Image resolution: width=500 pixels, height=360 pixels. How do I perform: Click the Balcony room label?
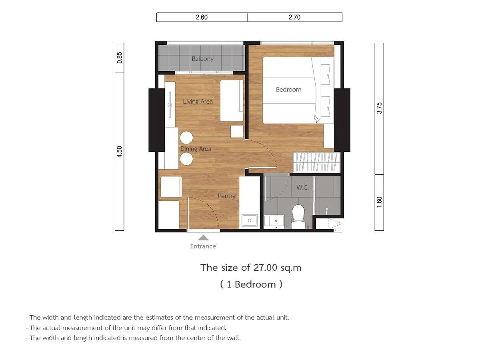pyautogui.click(x=203, y=59)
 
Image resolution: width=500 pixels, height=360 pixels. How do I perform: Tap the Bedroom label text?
pyautogui.click(x=289, y=90)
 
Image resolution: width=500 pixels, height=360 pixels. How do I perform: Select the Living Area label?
pyautogui.click(x=198, y=102)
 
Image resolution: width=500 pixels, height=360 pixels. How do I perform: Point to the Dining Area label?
pyautogui.click(x=196, y=149)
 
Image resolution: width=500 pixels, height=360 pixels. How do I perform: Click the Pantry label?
pyautogui.click(x=227, y=196)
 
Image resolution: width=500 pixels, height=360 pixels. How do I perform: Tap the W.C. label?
pyautogui.click(x=303, y=188)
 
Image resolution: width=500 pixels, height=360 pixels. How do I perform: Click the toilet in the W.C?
pyautogui.click(x=298, y=216)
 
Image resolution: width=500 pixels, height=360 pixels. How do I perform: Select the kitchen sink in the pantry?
pyautogui.click(x=250, y=220)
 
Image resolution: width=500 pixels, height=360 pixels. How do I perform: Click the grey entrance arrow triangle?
pyautogui.click(x=203, y=238)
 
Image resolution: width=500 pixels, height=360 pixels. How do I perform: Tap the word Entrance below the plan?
pyautogui.click(x=203, y=246)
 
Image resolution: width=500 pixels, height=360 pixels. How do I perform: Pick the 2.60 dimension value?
pyautogui.click(x=202, y=17)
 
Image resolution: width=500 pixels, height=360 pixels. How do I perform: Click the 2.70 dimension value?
pyautogui.click(x=295, y=17)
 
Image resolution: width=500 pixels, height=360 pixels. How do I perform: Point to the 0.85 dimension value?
pyautogui.click(x=120, y=58)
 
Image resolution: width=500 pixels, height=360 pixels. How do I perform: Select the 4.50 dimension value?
pyautogui.click(x=120, y=152)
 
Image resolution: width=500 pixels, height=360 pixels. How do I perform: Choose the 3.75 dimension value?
pyautogui.click(x=379, y=108)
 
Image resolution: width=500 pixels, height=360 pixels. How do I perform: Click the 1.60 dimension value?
pyautogui.click(x=379, y=202)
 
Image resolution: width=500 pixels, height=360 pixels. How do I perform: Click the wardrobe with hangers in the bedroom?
pyautogui.click(x=316, y=162)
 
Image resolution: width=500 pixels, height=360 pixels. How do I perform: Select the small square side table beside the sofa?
pyautogui.click(x=237, y=132)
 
